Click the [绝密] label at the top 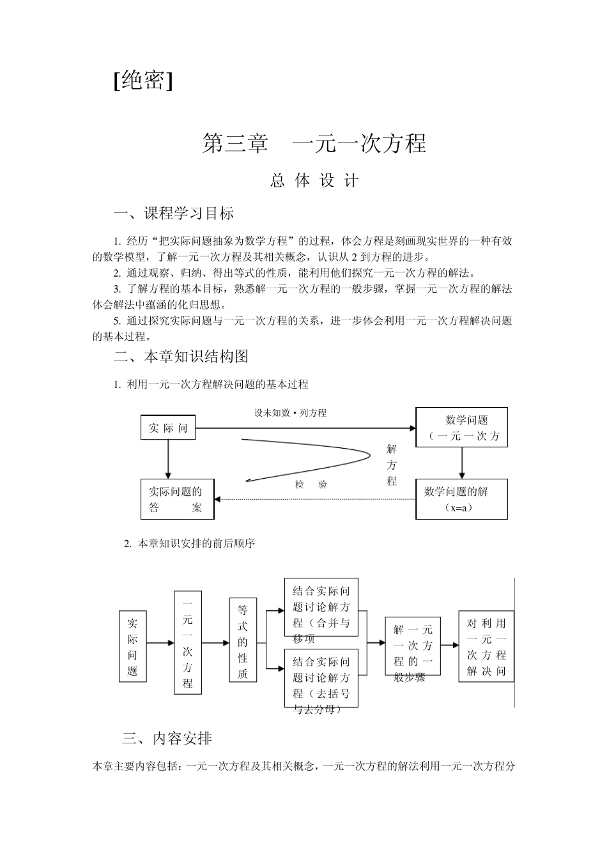click(143, 80)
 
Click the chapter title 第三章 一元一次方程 click(314, 143)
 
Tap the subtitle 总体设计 click(314, 181)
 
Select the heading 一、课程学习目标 click(174, 213)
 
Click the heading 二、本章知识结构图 click(181, 356)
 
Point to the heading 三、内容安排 click(167, 739)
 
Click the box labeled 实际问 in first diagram click(168, 428)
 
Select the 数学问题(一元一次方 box click(461, 428)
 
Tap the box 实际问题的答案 click(177, 499)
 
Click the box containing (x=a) click(461, 499)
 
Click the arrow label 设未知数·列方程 click(291, 413)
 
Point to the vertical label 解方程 click(392, 465)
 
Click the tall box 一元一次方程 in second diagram click(187, 642)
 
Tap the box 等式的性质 click(243, 640)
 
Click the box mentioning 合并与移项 click(321, 607)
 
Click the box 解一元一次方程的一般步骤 click(413, 646)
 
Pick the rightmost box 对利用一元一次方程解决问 click(486, 646)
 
